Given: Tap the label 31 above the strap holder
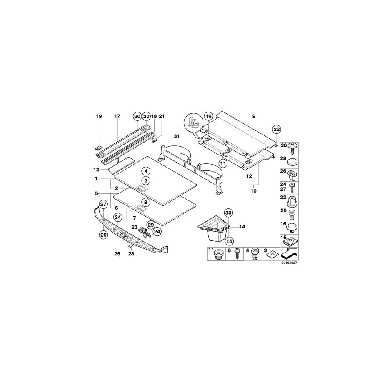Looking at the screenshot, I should point(176,137).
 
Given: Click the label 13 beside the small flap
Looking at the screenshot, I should point(97,170).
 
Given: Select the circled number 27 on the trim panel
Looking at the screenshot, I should point(103,204).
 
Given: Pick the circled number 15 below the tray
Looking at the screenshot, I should point(229,240).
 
